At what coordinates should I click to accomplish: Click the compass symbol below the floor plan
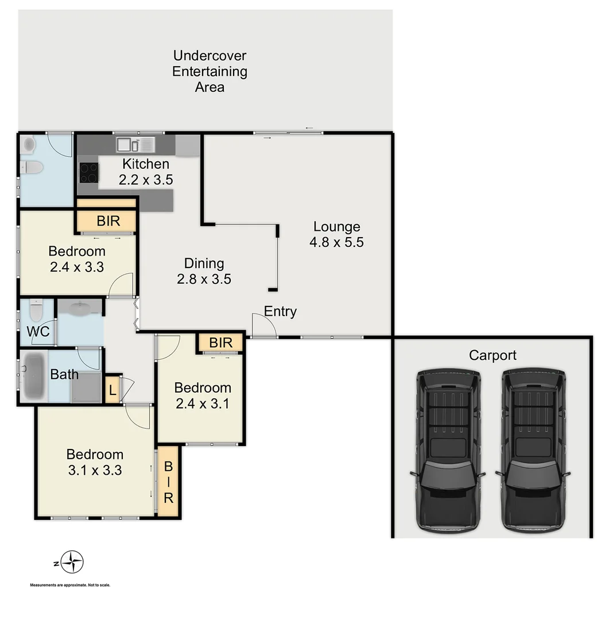72,562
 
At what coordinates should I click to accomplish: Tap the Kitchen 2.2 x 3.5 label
146,172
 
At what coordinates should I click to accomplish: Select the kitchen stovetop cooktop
88,172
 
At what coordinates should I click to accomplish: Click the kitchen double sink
135,144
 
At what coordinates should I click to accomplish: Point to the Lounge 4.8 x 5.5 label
336,234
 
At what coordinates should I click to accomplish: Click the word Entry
280,312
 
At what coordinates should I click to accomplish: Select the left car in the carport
448,449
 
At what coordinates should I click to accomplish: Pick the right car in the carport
533,449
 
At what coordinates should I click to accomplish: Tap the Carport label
492,355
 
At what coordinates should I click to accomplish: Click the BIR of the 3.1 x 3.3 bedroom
168,482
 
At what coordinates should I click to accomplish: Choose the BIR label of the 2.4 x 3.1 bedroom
220,343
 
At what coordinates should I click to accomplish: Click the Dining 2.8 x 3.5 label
204,271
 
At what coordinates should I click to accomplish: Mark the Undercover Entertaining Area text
210,72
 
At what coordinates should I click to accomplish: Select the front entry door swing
264,325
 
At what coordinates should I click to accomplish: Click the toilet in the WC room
36,312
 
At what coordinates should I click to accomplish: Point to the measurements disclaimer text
69,585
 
